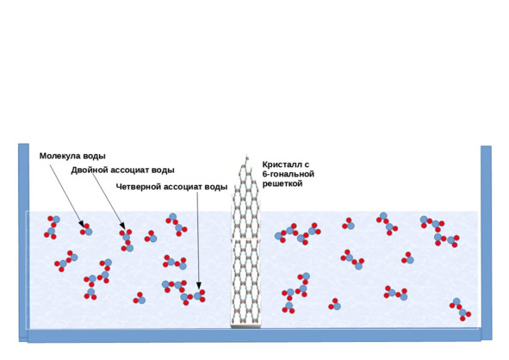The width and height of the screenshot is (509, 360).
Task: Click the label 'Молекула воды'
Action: (72, 156)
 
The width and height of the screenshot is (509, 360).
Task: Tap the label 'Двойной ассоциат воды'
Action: (122, 171)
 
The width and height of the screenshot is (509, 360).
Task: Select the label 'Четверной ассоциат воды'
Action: (171, 187)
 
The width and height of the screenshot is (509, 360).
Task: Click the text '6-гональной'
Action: (289, 174)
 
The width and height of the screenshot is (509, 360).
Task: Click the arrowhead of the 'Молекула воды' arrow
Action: (82, 224)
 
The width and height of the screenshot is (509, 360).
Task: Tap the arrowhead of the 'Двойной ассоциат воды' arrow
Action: (122, 226)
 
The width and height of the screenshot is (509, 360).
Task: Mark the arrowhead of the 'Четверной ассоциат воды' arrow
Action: (199, 286)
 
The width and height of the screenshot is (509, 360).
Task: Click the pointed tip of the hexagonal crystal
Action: (246, 157)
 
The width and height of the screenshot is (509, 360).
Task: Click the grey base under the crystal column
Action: (245, 326)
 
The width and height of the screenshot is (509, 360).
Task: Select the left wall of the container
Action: (24, 242)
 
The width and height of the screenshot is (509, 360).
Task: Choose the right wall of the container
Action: (486, 243)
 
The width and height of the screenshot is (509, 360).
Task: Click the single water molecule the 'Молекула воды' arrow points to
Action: (86, 229)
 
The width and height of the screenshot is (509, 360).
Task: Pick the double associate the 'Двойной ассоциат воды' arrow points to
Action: (127, 240)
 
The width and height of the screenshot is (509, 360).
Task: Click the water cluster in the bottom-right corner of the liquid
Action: (460, 309)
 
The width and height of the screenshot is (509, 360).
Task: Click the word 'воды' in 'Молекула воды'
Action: (94, 156)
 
